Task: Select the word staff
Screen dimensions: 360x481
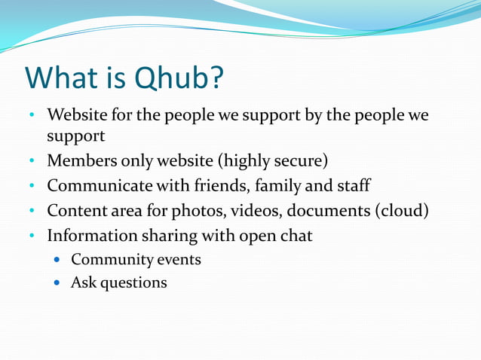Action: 352,185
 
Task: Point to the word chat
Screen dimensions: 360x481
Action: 296,235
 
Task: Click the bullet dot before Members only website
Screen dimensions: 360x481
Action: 32,162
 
